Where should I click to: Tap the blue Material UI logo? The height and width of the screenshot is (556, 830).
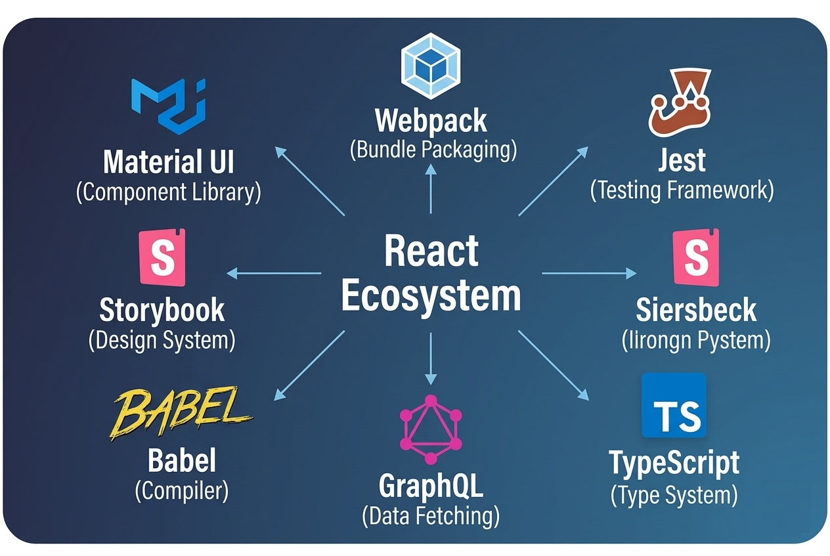coord(169,104)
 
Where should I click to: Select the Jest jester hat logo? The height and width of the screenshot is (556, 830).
coord(678,106)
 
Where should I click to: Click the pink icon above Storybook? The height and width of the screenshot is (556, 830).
coord(162,257)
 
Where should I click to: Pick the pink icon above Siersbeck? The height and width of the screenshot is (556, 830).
coord(696,257)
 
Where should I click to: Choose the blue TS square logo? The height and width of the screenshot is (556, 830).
coord(674,405)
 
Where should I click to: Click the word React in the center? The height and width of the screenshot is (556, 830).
coord(431,251)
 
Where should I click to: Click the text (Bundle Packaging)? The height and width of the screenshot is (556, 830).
coord(433,150)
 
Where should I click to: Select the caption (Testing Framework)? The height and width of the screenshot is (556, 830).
coord(682,190)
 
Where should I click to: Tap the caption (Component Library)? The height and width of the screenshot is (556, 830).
coord(169,192)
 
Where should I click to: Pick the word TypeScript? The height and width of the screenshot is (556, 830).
coord(674,463)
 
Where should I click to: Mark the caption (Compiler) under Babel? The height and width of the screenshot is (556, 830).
coord(182,491)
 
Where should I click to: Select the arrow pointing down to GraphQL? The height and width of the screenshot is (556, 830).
coord(431,358)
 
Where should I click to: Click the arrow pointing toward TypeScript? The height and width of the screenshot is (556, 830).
coord(553,365)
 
